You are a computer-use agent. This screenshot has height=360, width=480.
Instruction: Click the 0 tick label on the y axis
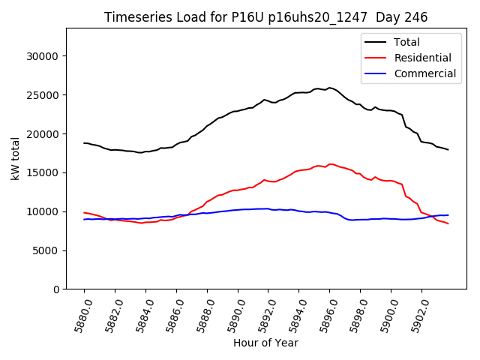tap(56, 289)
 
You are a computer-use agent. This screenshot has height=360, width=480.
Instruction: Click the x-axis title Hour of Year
tap(265, 343)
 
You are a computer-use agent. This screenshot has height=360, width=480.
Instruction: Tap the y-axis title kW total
tap(15, 158)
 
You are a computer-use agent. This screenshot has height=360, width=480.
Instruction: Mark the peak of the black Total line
tap(329, 88)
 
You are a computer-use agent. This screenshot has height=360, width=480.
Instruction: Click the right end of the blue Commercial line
tap(448, 215)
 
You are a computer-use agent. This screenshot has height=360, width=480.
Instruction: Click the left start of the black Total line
tap(84, 143)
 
